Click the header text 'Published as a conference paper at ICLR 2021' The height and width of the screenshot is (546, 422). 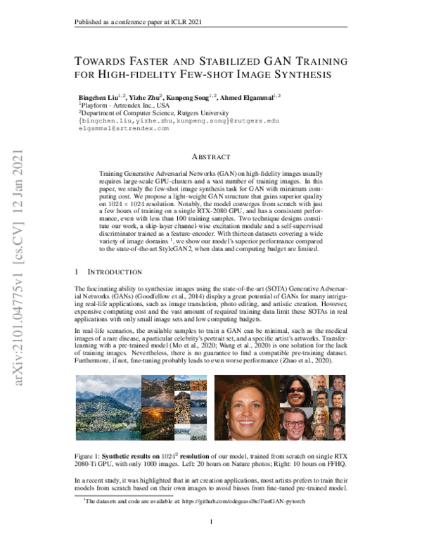pyautogui.click(x=134, y=23)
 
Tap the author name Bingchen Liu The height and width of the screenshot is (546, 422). pyautogui.click(x=99, y=95)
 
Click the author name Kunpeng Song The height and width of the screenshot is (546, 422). pyautogui.click(x=174, y=95)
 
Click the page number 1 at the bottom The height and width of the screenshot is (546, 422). pyautogui.click(x=211, y=522)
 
